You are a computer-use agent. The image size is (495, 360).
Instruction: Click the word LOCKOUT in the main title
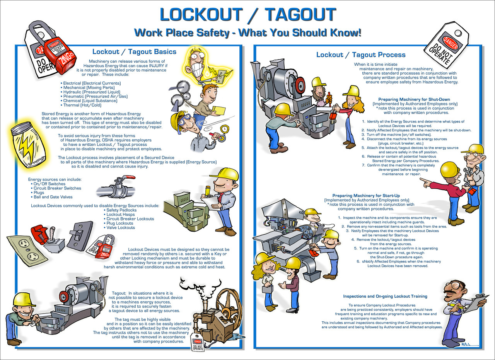[x=201, y=15]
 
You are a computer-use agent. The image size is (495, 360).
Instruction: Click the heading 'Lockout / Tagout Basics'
[x=134, y=52]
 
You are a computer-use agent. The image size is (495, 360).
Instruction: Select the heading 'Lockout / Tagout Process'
[x=361, y=55]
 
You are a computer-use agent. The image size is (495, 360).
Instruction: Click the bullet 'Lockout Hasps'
[x=120, y=214]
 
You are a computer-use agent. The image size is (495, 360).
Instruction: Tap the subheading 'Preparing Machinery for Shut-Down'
[x=415, y=100]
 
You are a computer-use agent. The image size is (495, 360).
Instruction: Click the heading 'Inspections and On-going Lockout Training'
[x=385, y=297]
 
